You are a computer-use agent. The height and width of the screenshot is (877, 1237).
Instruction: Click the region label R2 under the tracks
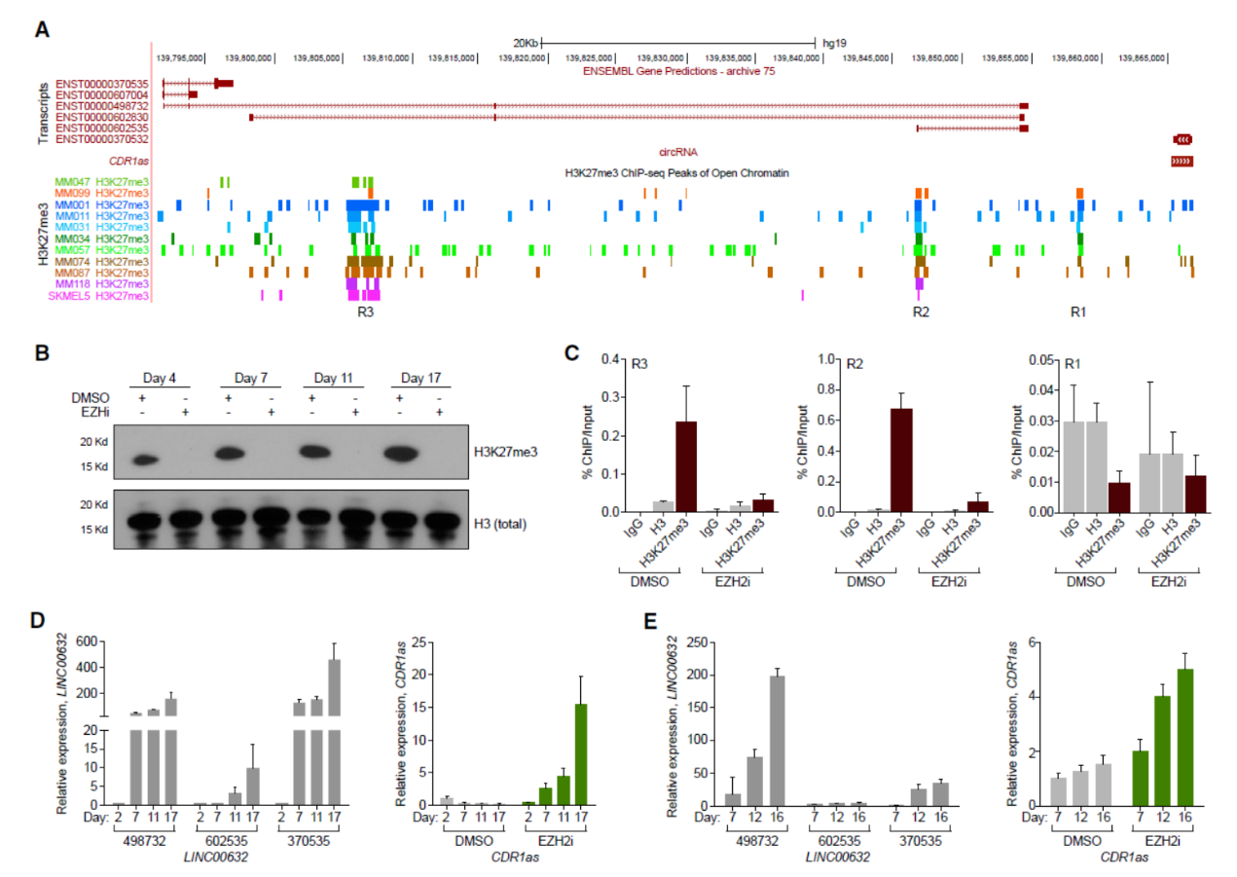[x=921, y=312]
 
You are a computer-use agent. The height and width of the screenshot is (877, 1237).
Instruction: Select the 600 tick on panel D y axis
[x=91, y=640]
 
